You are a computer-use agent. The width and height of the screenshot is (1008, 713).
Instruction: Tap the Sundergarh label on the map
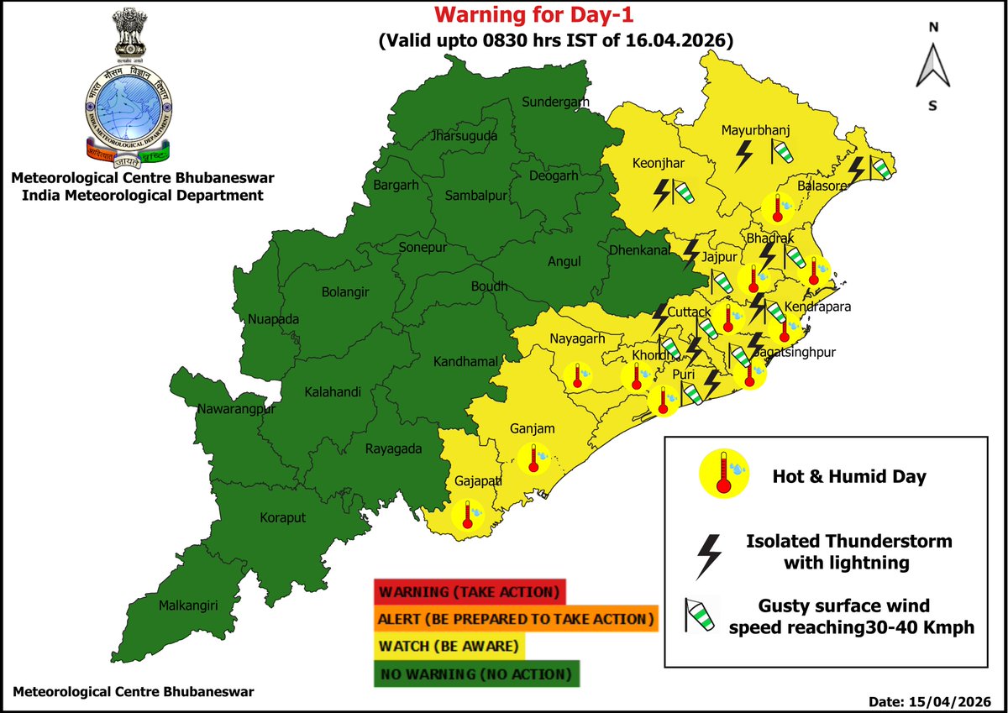[556, 102]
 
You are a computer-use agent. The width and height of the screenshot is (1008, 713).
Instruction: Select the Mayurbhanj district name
[757, 130]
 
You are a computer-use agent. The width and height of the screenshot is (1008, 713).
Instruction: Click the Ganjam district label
[533, 429]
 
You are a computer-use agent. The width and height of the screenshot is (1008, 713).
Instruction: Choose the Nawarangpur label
[237, 410]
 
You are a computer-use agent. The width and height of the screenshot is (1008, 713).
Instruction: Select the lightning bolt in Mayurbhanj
[744, 155]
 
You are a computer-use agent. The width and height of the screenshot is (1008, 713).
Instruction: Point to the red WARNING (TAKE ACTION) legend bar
[470, 591]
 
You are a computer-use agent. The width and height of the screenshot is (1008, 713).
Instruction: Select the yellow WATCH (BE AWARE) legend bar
[450, 647]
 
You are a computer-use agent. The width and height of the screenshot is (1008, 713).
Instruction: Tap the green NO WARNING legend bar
[475, 674]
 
